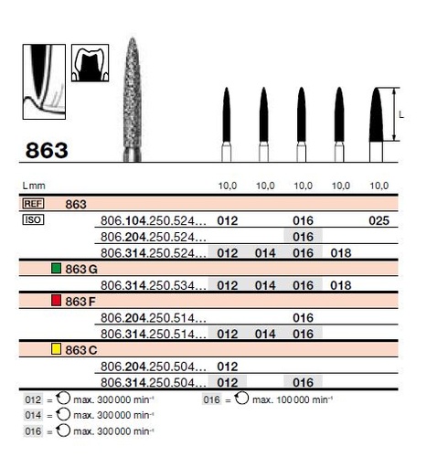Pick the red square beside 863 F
pos(57,301)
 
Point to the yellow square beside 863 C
pos(57,349)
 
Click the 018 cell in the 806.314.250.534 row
pos(340,285)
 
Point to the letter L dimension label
pos(403,114)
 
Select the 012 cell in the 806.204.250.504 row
pos(228,366)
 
